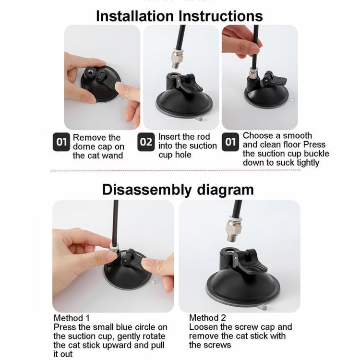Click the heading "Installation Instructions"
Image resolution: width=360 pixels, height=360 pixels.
click(x=180, y=16)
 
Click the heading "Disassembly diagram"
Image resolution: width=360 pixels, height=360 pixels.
click(x=178, y=190)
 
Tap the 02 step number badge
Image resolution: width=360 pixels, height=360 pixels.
click(x=146, y=142)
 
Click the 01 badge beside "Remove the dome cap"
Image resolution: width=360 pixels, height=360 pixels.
click(x=61, y=142)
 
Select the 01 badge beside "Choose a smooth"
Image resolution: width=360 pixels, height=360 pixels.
click(x=230, y=142)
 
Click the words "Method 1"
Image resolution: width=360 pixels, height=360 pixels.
click(x=72, y=318)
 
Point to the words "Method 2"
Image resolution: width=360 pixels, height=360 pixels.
click(x=207, y=318)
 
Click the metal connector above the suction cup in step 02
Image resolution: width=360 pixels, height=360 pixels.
click(x=177, y=59)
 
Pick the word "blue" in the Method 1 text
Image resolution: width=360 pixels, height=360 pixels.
click(x=124, y=327)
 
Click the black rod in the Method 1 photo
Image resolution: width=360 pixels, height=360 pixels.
click(x=115, y=221)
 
